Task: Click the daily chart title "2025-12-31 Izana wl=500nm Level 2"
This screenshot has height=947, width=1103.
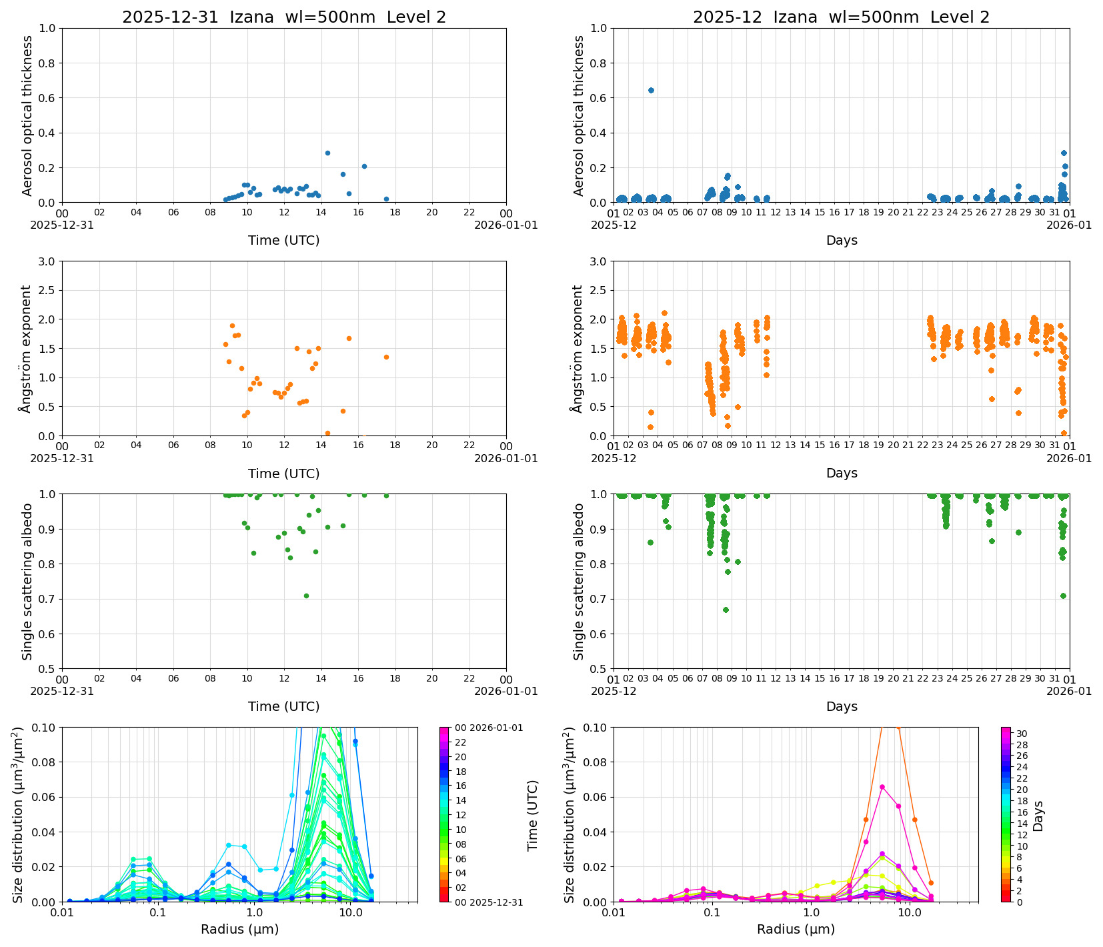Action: click(x=283, y=17)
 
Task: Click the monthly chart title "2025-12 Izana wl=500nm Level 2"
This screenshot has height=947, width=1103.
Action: click(x=841, y=17)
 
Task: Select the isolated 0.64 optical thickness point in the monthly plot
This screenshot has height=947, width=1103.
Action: click(x=651, y=90)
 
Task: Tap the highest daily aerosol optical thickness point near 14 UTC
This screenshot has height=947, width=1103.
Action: click(x=327, y=153)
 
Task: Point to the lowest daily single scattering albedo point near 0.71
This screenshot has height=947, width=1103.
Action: click(x=306, y=596)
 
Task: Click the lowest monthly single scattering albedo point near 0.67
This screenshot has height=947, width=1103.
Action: click(x=726, y=610)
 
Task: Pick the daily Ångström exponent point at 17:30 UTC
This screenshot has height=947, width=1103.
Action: click(x=386, y=357)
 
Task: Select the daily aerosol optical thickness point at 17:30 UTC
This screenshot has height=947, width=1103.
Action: click(x=386, y=199)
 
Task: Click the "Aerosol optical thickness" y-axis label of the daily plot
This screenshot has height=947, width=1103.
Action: click(x=27, y=115)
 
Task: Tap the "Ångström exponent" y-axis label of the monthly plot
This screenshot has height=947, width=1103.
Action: click(x=578, y=348)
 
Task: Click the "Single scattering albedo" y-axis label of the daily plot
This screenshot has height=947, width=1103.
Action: click(x=27, y=582)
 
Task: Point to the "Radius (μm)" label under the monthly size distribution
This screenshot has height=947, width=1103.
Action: click(x=796, y=929)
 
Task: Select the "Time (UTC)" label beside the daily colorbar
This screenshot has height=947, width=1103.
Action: click(x=532, y=815)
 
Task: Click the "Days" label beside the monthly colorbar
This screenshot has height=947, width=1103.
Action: click(x=1038, y=815)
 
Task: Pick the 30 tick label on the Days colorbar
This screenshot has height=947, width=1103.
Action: click(x=1022, y=734)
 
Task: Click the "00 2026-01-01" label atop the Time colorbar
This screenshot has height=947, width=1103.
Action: click(x=489, y=728)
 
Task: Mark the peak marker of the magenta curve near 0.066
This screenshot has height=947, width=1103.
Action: click(x=882, y=787)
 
